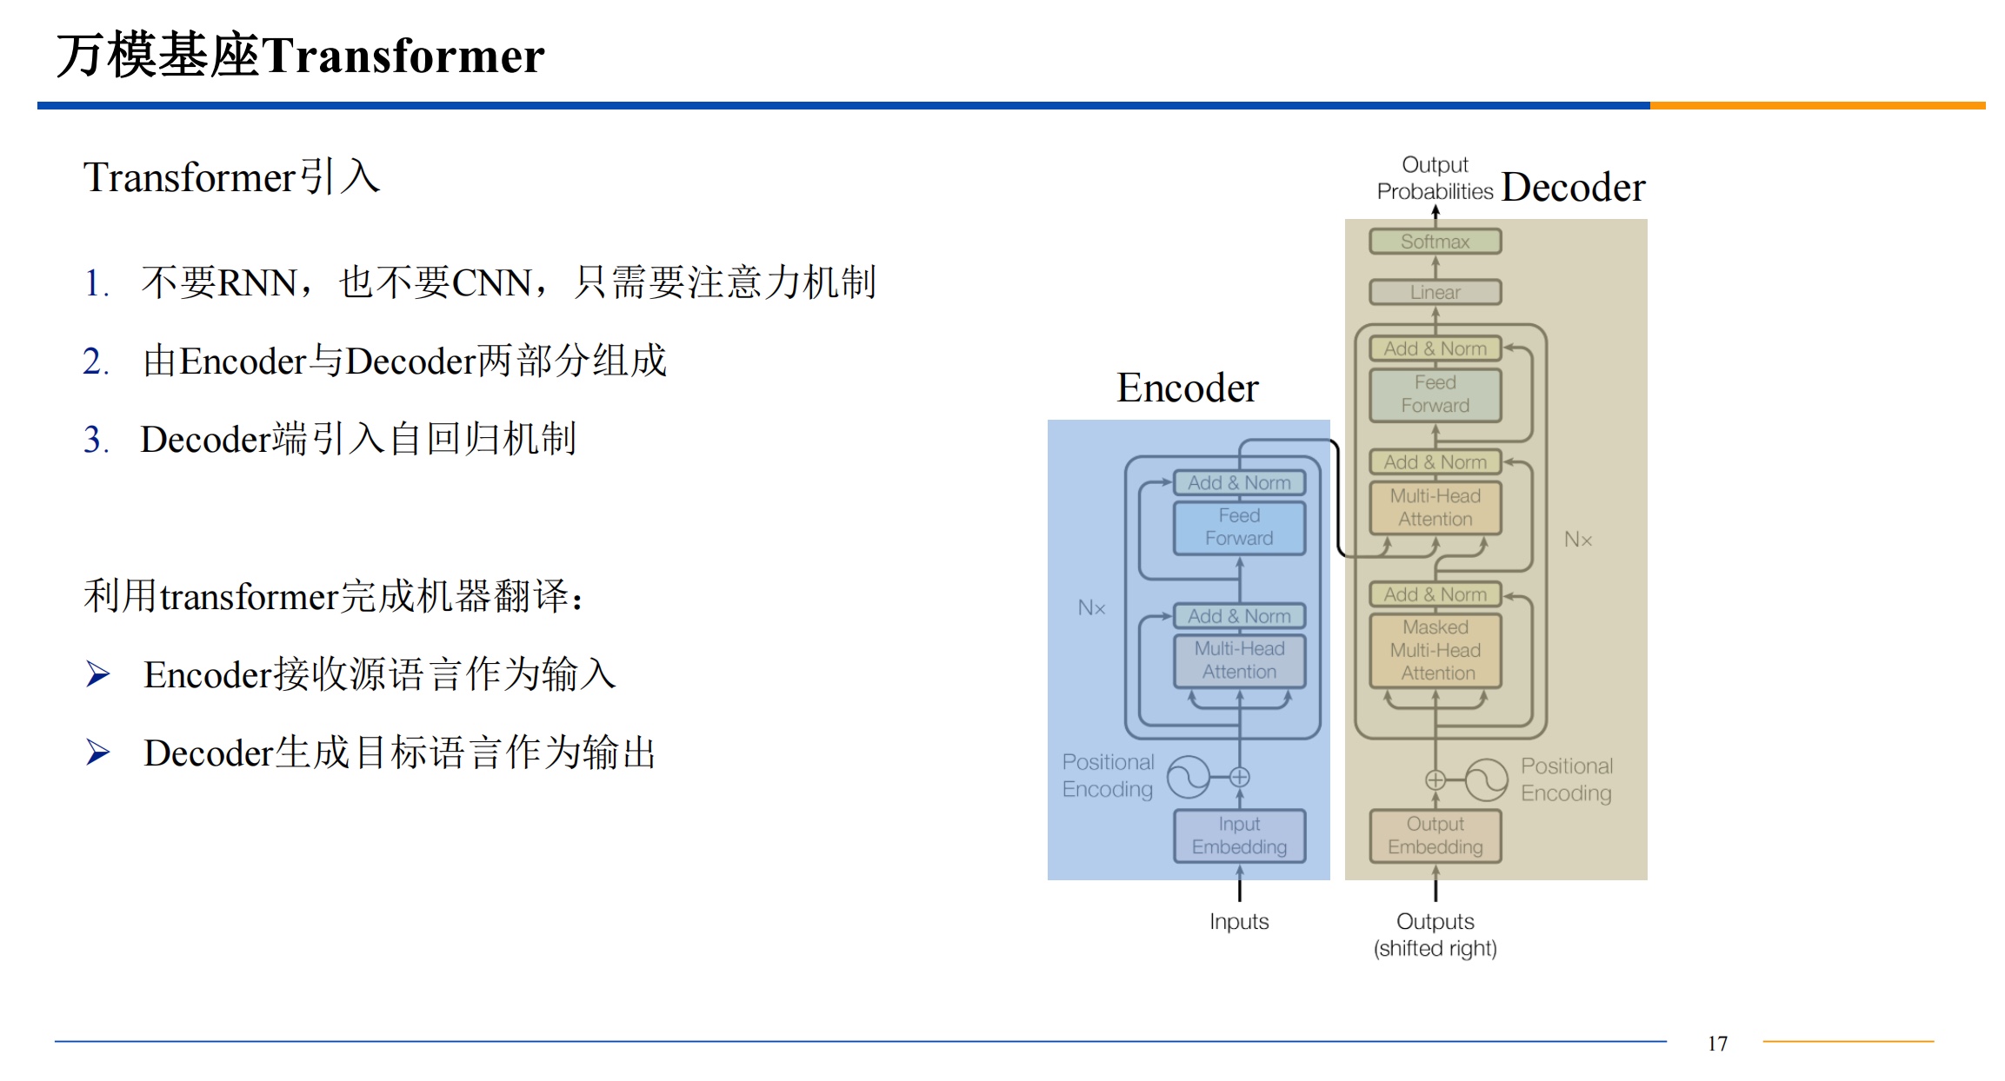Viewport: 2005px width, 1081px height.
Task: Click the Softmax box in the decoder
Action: click(x=1435, y=242)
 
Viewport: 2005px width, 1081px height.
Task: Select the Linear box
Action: click(x=1435, y=292)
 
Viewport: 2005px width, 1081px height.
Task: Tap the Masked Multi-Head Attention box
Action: click(x=1435, y=650)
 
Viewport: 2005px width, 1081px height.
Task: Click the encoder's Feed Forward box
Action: click(x=1239, y=527)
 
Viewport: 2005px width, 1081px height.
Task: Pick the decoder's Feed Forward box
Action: click(x=1435, y=395)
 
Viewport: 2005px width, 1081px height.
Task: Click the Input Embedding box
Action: click(x=1239, y=835)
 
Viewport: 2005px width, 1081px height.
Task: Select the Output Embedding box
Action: click(x=1435, y=835)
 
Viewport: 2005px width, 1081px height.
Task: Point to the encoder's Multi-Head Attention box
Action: click(x=1239, y=660)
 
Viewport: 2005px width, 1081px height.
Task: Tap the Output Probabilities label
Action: click(x=1435, y=178)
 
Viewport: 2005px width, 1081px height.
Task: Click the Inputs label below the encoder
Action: click(x=1239, y=921)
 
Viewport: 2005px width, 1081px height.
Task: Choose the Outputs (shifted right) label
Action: click(x=1435, y=934)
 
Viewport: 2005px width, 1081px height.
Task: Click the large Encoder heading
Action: click(x=1187, y=388)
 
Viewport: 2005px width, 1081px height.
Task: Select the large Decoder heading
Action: click(x=1573, y=188)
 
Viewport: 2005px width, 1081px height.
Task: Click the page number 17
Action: click(x=1717, y=1044)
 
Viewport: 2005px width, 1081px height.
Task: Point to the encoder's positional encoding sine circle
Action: click(x=1188, y=777)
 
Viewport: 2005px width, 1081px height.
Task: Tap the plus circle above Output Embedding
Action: click(x=1435, y=779)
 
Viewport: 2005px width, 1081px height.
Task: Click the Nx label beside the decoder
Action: click(x=1578, y=540)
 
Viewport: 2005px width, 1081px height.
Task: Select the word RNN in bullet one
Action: click(x=256, y=283)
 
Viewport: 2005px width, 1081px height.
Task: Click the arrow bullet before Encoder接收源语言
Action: click(x=97, y=674)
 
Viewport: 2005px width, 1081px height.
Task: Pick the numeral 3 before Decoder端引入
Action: click(x=92, y=440)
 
